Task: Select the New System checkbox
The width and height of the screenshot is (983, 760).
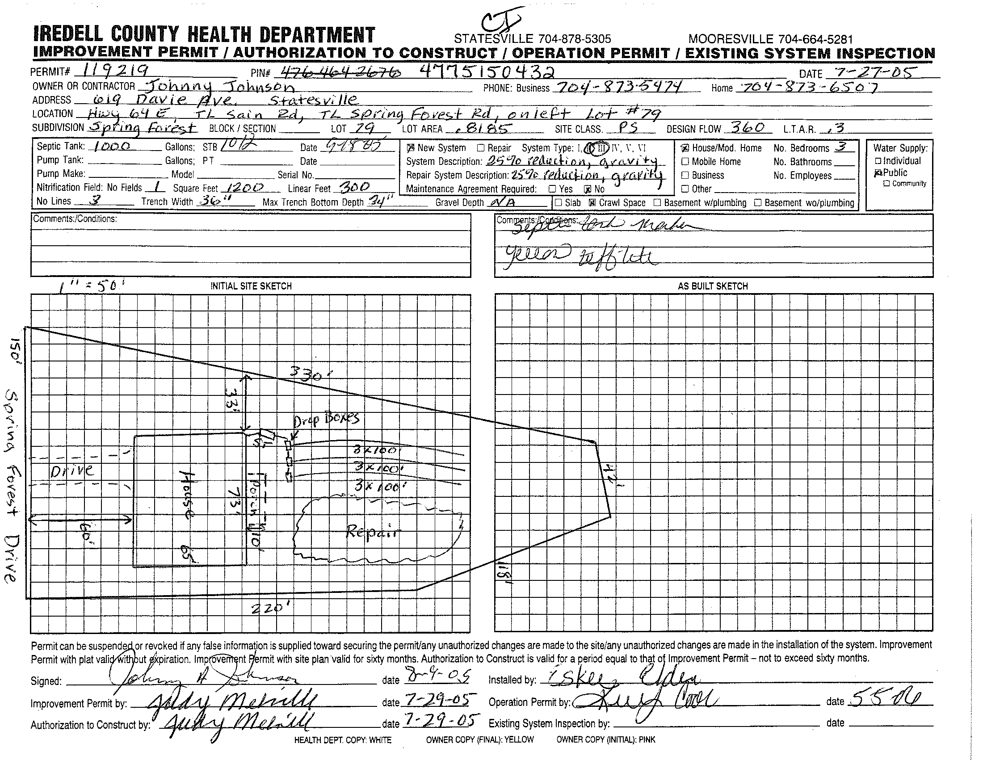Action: click(411, 147)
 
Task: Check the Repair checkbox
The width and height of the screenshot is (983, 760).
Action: click(480, 147)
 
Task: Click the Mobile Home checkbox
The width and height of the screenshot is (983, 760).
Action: click(685, 162)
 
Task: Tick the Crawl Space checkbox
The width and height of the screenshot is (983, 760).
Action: click(592, 202)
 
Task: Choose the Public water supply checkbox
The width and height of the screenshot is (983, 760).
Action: click(877, 173)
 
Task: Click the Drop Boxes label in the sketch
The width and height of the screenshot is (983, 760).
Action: click(326, 420)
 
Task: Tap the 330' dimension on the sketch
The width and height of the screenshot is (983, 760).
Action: click(306, 374)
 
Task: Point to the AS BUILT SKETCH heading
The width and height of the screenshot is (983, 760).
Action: click(713, 286)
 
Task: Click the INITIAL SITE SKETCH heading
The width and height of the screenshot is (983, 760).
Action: click(251, 286)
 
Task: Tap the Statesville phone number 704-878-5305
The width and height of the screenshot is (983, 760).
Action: click(533, 39)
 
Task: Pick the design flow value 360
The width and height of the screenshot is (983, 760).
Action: click(747, 128)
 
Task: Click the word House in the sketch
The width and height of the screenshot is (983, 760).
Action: click(186, 495)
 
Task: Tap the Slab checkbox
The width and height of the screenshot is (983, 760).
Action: click(559, 202)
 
